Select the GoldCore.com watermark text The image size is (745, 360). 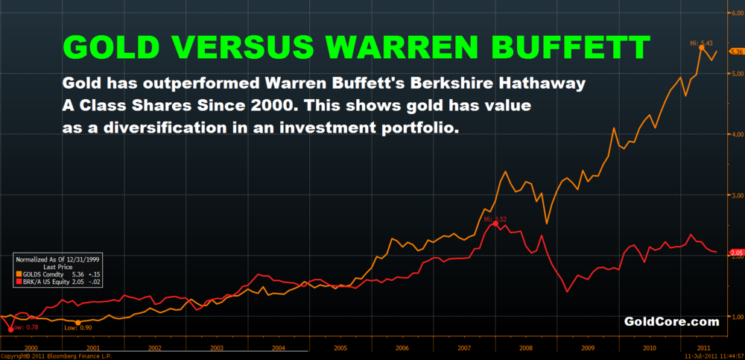pos(671,322)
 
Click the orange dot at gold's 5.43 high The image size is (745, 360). pos(701,47)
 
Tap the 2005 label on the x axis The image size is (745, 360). pos(340,347)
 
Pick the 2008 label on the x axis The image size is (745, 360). pos(525,347)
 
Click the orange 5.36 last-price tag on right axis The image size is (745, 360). pos(736,51)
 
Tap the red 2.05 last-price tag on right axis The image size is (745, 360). pos(736,253)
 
